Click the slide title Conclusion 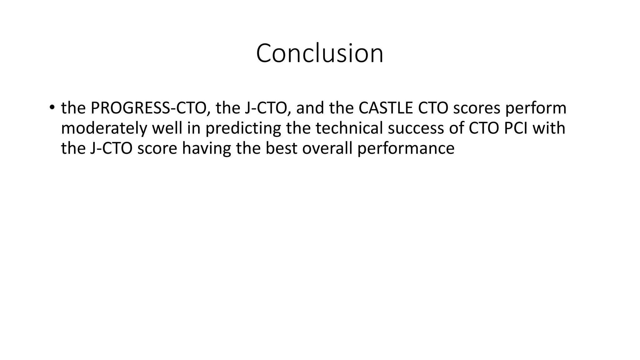click(x=319, y=53)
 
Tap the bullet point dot click(x=52, y=107)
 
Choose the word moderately click(x=103, y=128)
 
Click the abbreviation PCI click(x=515, y=128)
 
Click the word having click(x=206, y=148)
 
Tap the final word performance click(x=406, y=148)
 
